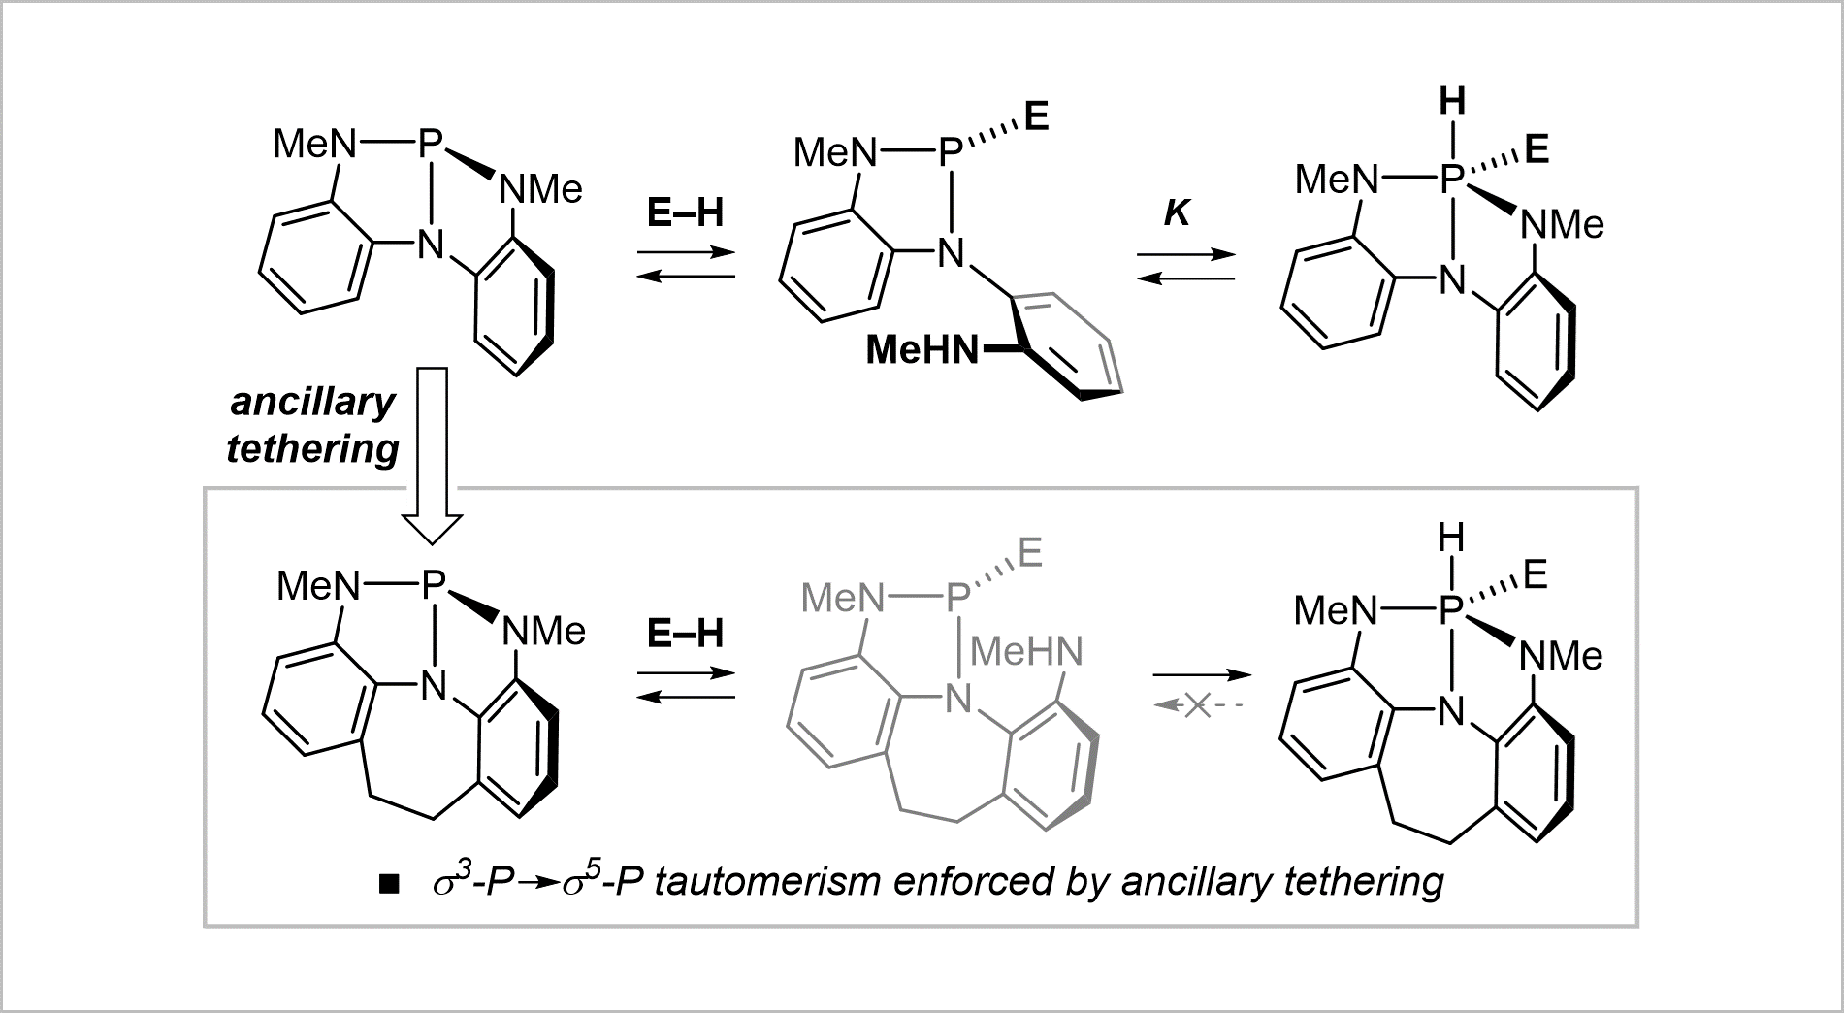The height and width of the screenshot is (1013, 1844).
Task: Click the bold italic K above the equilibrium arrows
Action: click(x=1177, y=212)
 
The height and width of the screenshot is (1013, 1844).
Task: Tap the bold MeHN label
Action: click(x=922, y=349)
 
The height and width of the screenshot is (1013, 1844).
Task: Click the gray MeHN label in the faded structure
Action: click(x=1026, y=651)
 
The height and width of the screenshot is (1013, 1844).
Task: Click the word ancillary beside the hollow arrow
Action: click(x=312, y=402)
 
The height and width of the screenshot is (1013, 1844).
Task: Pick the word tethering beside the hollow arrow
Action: click(x=312, y=448)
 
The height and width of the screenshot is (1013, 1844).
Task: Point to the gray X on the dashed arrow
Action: click(x=1197, y=706)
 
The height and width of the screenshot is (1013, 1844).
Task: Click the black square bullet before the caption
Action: click(x=389, y=884)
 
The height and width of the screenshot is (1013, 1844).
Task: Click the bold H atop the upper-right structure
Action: click(x=1452, y=101)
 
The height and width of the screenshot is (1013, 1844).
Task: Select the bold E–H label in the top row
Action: click(x=685, y=212)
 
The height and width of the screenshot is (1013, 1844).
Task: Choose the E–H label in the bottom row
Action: click(x=685, y=634)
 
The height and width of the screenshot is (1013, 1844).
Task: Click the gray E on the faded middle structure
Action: click(x=1029, y=553)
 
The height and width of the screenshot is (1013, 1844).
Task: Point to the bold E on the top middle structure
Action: click(x=1036, y=118)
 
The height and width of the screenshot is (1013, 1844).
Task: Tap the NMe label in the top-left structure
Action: click(x=540, y=189)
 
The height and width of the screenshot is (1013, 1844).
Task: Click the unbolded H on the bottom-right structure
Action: click(x=1452, y=537)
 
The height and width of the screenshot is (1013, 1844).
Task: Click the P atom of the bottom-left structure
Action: click(x=433, y=584)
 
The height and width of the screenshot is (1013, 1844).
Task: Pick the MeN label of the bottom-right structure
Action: click(x=1336, y=610)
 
